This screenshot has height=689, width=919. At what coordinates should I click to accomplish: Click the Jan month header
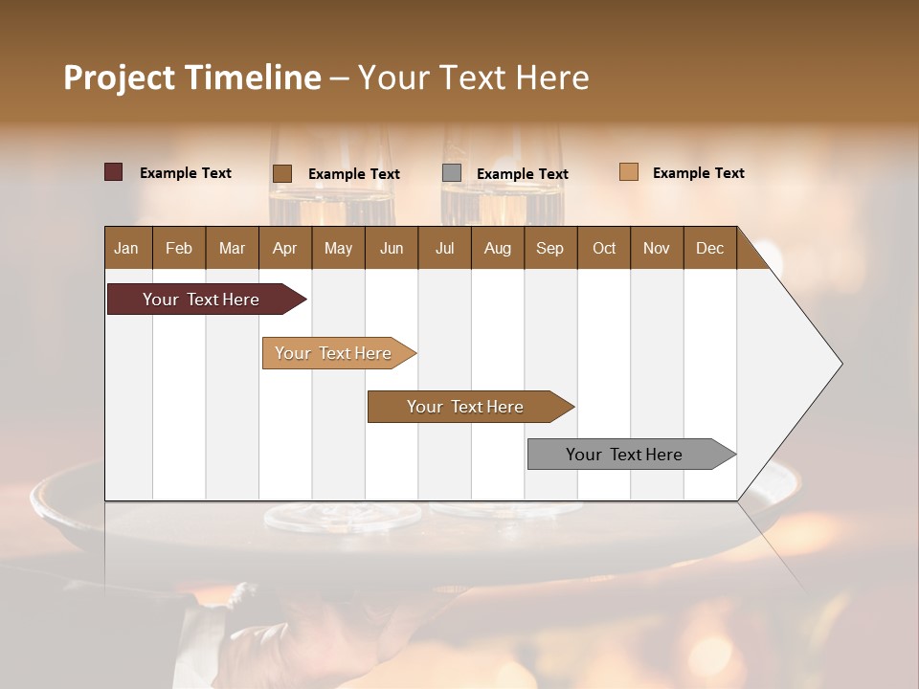point(127,248)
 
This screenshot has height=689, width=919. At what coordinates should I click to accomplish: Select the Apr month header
point(284,248)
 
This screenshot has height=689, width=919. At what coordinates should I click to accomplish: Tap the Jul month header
point(444,248)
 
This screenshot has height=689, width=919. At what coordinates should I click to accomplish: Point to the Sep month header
point(549,248)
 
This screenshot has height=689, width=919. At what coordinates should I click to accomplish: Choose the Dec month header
point(709,248)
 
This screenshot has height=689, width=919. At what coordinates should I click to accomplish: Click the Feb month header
point(179,248)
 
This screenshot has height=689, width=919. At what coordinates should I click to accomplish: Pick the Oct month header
point(603,248)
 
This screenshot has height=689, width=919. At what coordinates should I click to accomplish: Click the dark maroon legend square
point(113,172)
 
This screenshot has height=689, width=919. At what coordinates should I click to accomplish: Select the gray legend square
point(452,172)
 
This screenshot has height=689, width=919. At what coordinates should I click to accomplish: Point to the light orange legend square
point(628,172)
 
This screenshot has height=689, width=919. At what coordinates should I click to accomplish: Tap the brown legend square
point(281,173)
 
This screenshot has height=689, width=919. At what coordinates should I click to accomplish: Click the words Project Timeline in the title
point(191,78)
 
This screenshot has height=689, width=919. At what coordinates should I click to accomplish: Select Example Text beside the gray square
point(522,174)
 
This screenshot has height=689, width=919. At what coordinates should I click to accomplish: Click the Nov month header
point(656,248)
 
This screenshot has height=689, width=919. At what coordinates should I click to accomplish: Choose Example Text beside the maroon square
point(185,173)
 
